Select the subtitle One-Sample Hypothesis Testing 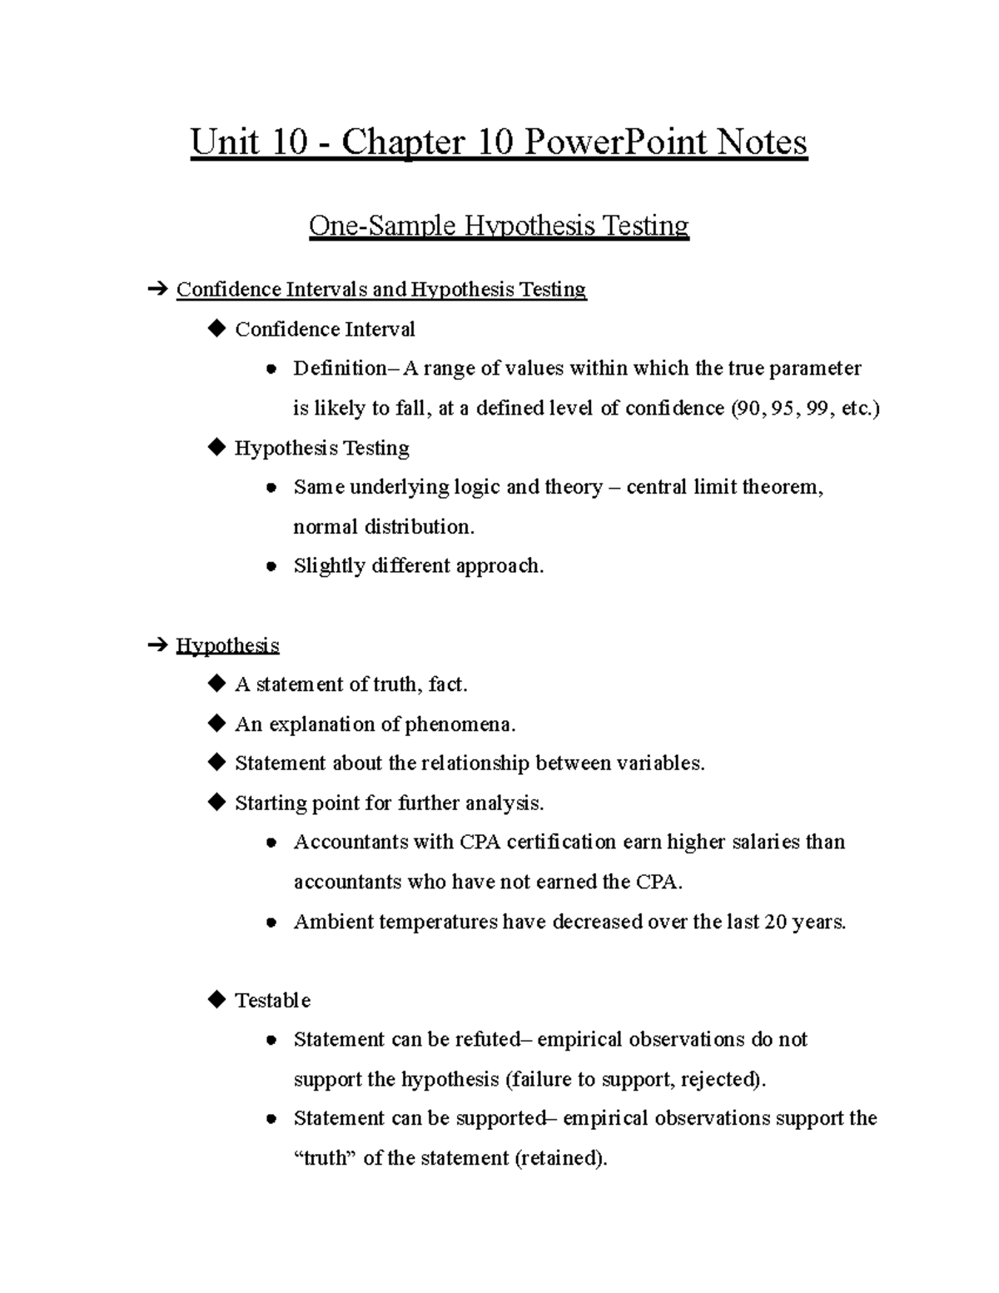click(x=499, y=226)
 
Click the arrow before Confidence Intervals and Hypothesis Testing click(x=156, y=290)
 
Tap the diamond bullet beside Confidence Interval click(x=216, y=329)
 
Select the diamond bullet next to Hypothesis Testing click(x=216, y=448)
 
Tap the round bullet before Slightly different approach click(x=271, y=567)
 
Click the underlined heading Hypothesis click(x=227, y=645)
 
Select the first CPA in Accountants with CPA click(x=480, y=842)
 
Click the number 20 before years click(x=776, y=922)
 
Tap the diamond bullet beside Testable click(x=216, y=999)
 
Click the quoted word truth click(x=326, y=1158)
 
